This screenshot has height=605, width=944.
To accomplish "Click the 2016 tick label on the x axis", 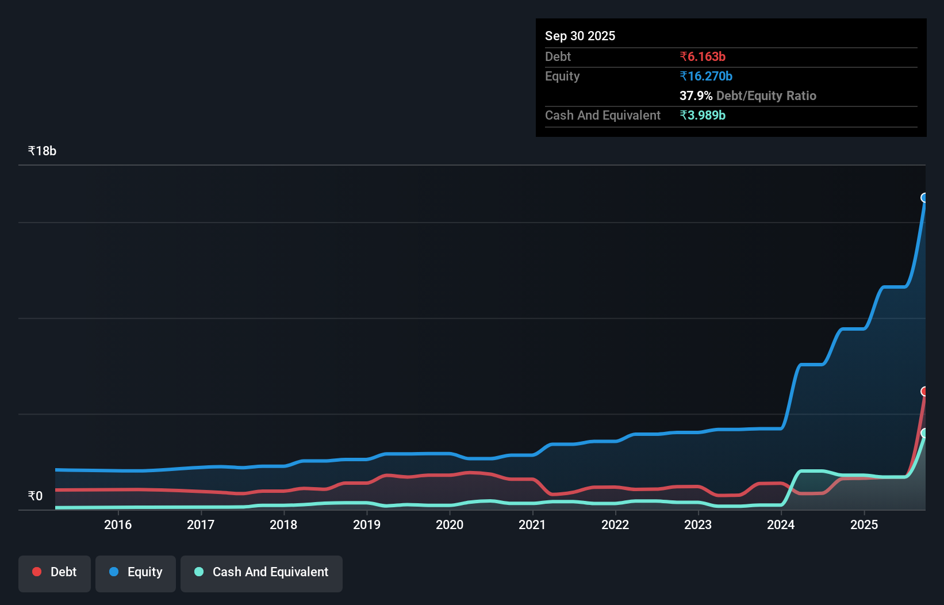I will point(118,524).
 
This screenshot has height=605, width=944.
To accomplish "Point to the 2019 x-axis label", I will point(367,524).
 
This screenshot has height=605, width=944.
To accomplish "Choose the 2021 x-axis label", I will point(532,524).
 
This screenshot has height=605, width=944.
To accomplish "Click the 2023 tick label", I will point(698,524).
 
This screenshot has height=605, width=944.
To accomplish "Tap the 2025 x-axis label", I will point(864,524).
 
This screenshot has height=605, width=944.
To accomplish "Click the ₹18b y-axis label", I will point(42,151).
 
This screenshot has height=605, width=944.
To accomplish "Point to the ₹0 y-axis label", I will point(35,496).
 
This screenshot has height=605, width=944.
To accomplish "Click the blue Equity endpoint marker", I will point(924,198).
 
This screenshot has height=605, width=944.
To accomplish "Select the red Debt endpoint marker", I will point(924,392).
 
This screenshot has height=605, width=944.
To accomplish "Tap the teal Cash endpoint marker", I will point(924,433).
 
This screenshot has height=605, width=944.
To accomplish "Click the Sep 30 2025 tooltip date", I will point(580,36).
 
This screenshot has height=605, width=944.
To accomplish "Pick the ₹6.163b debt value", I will point(703,57).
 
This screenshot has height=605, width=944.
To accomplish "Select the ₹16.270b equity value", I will point(706,76).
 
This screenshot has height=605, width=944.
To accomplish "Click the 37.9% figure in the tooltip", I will point(696,96).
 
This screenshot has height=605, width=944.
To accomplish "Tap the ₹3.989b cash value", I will point(703,116).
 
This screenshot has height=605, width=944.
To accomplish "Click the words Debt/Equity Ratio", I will point(766,96).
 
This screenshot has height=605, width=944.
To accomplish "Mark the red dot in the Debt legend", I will point(37,572).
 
